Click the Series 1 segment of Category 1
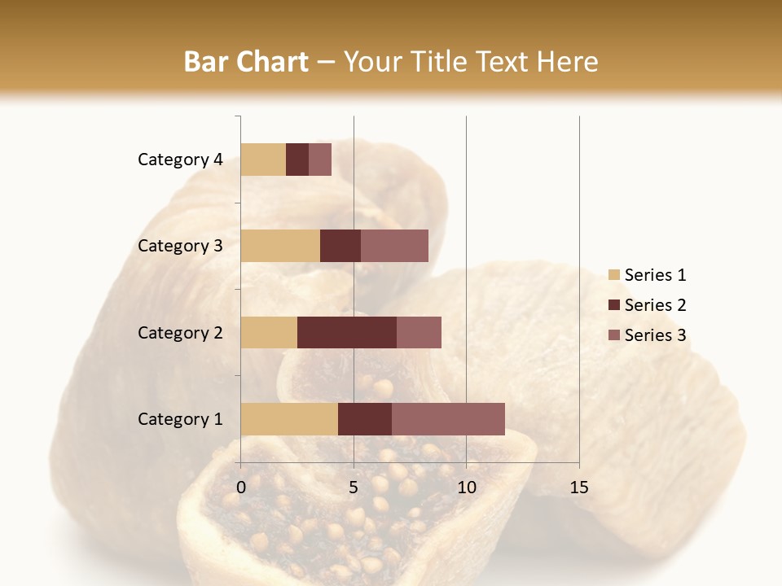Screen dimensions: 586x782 point(289,418)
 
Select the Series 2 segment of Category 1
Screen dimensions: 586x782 point(365,418)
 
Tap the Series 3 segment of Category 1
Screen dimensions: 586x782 point(448,418)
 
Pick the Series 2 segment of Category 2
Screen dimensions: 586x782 point(347,332)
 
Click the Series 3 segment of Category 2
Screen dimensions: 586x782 point(419,332)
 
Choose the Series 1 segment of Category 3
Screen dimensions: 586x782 point(280,246)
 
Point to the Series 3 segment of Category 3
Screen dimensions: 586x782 point(394,246)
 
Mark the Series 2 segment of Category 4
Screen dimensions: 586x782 point(297,160)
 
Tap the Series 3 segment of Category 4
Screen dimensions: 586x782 point(320,160)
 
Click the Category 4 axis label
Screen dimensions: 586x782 point(180,160)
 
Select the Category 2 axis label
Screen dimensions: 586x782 point(180,332)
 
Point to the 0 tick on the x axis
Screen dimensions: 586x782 point(241,488)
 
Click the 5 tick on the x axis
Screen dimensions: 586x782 point(354,488)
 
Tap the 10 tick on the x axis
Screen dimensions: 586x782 point(466,488)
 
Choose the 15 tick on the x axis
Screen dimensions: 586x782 point(578,488)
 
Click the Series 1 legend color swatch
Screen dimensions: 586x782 point(613,275)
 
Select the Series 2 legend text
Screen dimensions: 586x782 point(655,305)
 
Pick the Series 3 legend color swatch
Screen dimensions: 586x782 point(613,335)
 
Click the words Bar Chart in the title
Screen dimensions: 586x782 point(246,62)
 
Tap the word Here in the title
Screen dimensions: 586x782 point(568,62)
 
